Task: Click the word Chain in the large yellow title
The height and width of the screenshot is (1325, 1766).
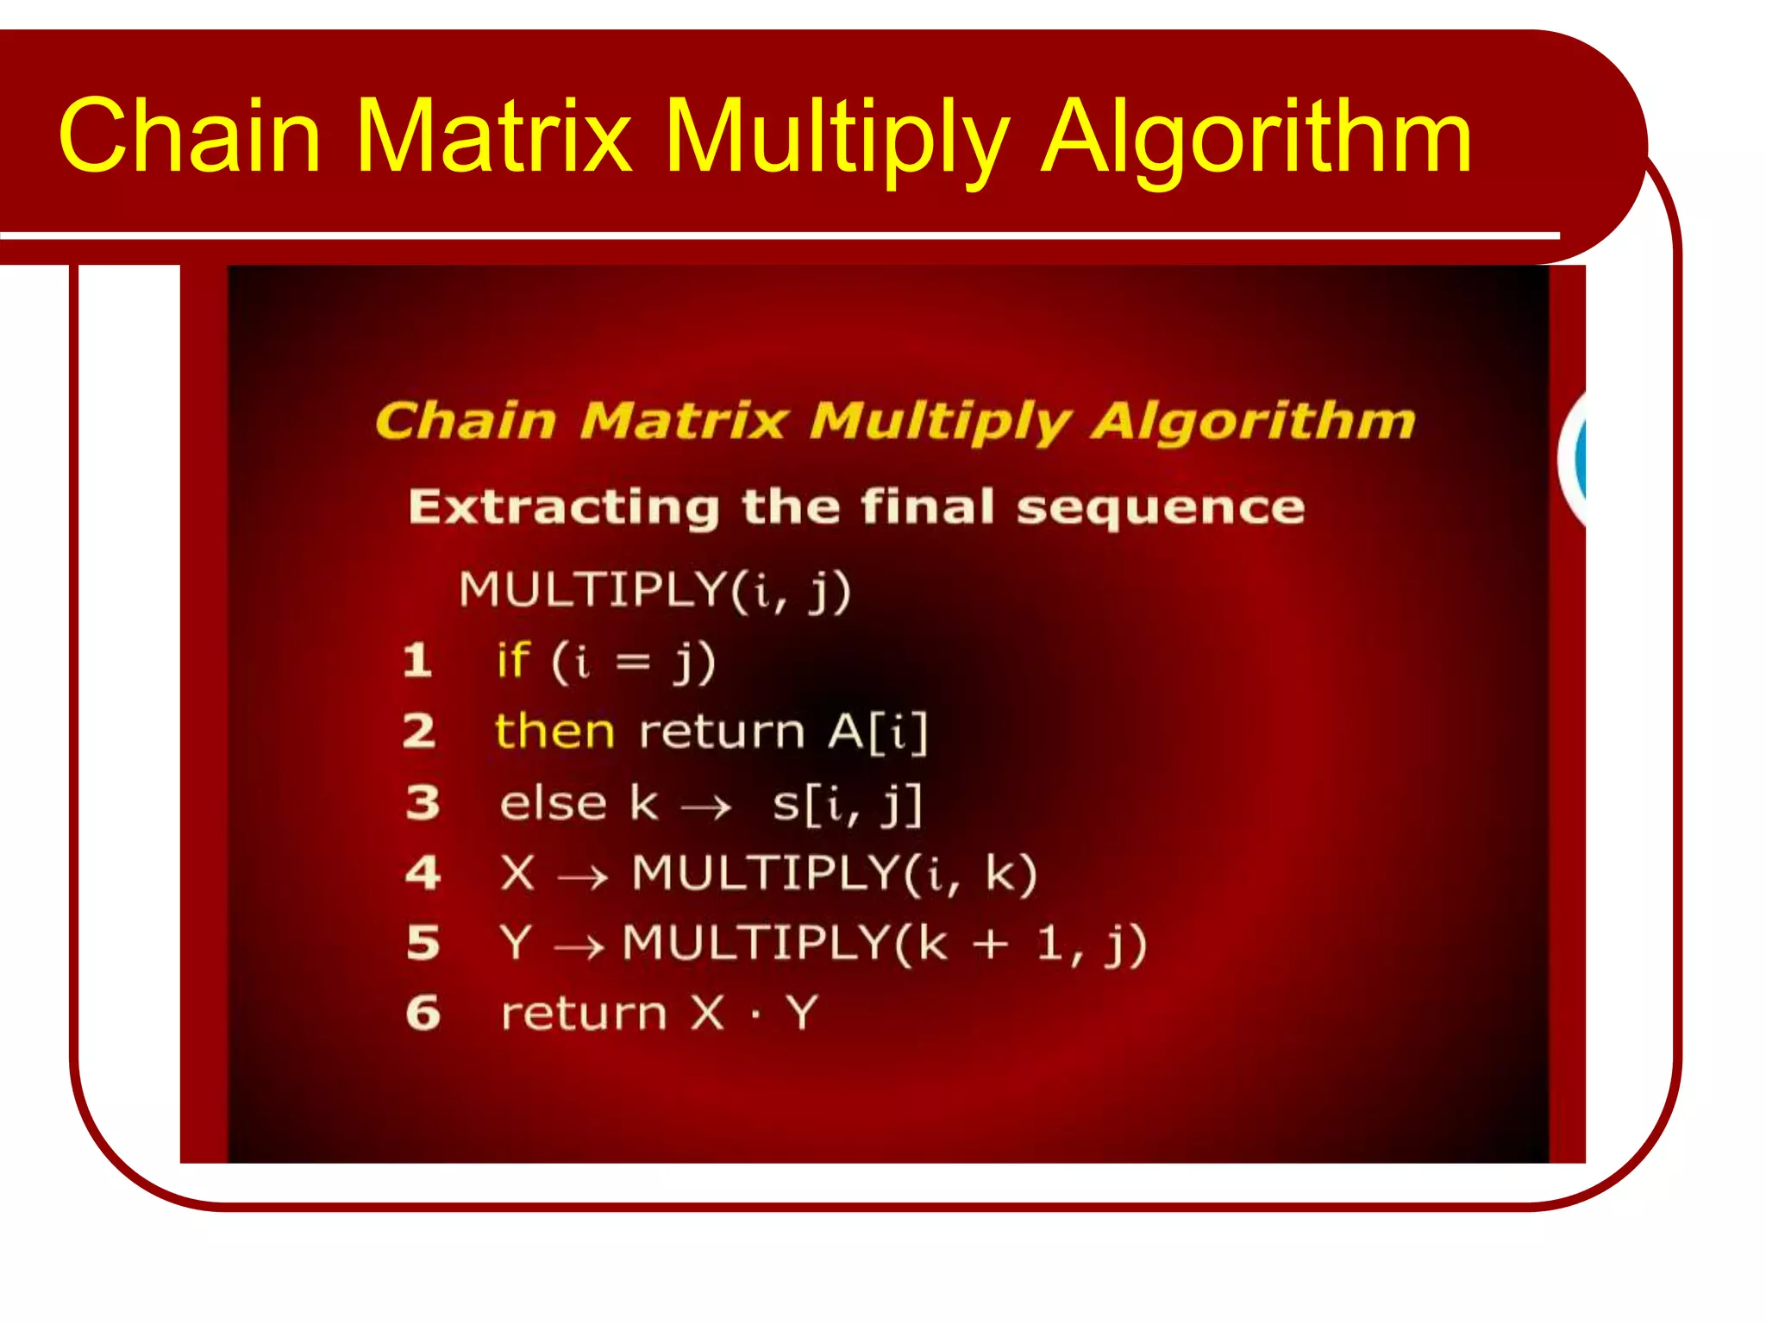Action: point(190,136)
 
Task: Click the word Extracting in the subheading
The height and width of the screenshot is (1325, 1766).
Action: point(563,506)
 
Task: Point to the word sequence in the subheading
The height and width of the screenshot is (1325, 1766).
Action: point(1160,507)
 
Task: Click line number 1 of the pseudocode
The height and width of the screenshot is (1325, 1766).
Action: point(418,661)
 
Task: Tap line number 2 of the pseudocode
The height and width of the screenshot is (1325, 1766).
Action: point(420,732)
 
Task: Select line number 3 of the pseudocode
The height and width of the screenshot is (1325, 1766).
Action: point(423,802)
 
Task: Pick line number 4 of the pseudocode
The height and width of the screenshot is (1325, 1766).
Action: point(423,872)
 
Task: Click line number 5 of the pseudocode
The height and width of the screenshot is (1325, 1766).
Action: point(423,942)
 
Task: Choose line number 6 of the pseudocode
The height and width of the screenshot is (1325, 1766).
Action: point(423,1013)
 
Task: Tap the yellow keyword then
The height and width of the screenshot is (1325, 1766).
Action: point(554,732)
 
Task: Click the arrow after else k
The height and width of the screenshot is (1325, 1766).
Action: point(705,808)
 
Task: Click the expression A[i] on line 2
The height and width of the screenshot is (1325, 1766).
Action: point(878,732)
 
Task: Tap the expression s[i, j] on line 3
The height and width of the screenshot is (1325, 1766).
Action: point(847,804)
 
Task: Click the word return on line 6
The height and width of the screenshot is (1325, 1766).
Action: point(584,1014)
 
